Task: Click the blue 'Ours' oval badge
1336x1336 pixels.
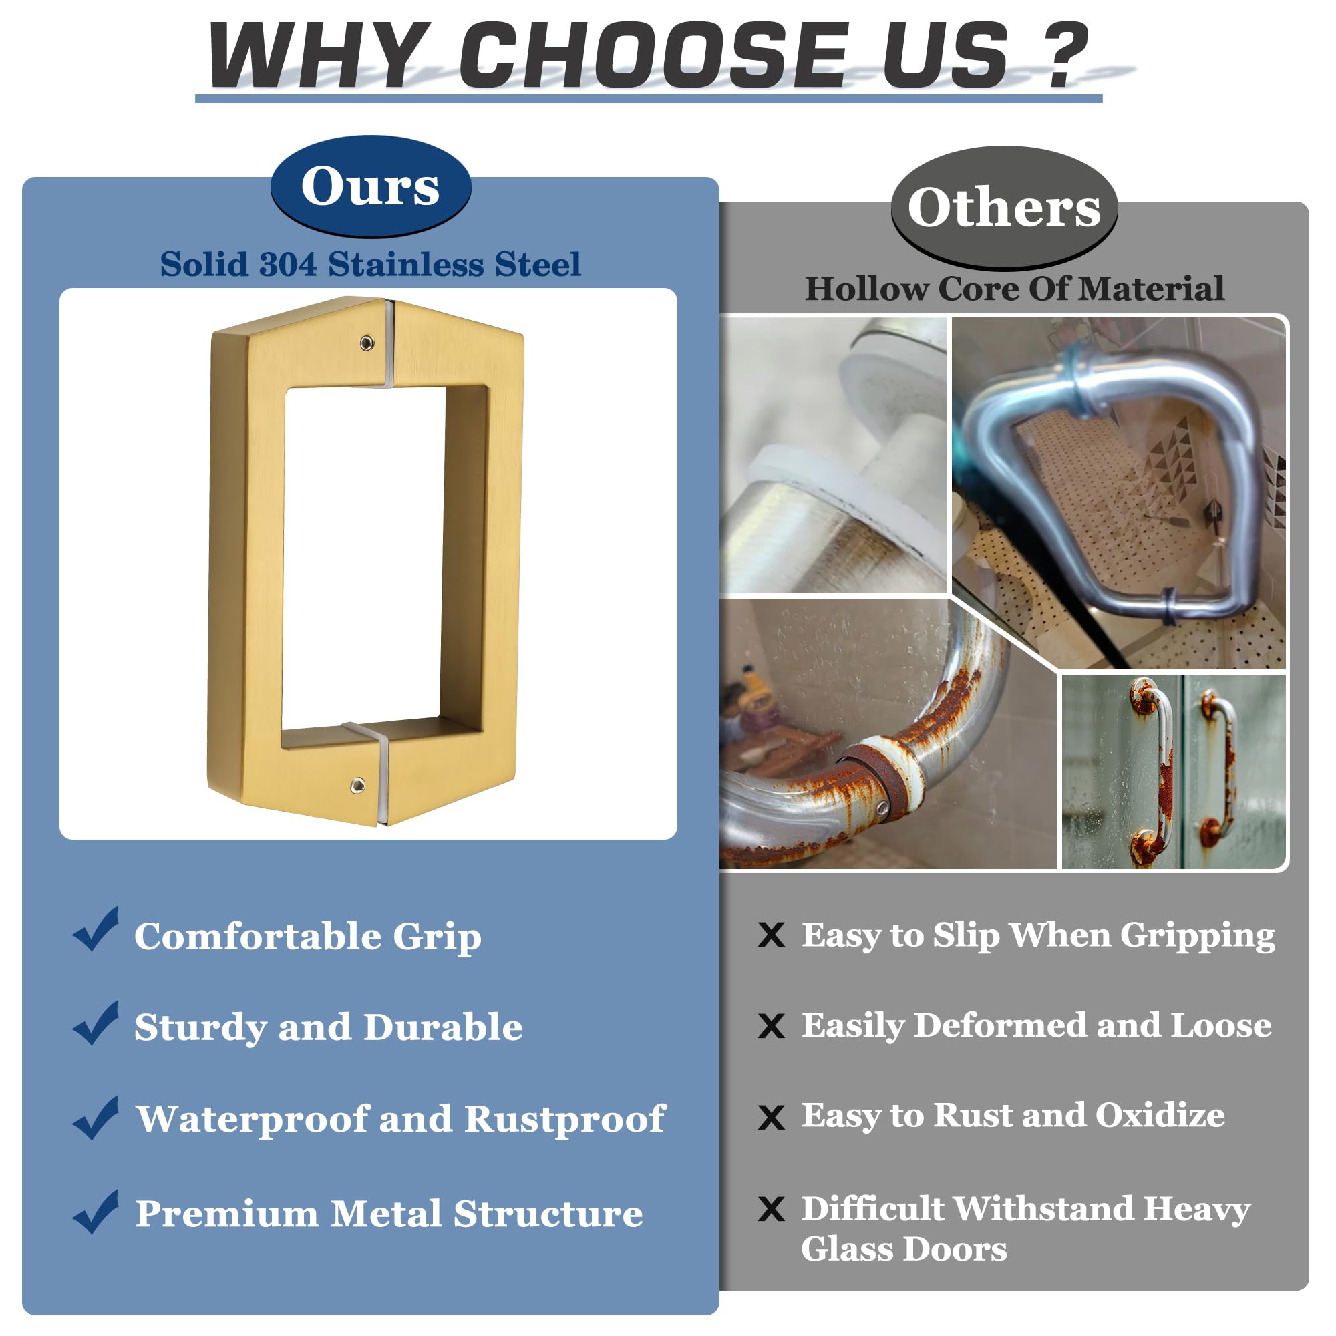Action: click(x=371, y=186)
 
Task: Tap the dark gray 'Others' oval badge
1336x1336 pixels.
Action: click(x=1004, y=207)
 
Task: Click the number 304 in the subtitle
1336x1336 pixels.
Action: click(x=288, y=264)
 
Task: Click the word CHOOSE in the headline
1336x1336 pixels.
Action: click(x=653, y=55)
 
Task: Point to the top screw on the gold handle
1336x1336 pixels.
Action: click(x=367, y=342)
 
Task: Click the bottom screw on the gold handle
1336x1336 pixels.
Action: click(x=357, y=784)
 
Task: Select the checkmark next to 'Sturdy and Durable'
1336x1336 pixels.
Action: click(x=96, y=1023)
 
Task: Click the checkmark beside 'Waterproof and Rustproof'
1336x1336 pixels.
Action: click(x=96, y=1118)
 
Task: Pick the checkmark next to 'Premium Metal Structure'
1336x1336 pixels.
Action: click(x=96, y=1212)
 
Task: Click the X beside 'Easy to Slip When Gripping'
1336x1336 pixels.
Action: click(x=771, y=935)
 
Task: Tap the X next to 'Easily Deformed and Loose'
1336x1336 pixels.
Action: click(x=771, y=1026)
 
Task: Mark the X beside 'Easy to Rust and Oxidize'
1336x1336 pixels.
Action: click(x=771, y=1118)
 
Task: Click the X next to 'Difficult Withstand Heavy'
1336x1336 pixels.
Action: click(x=771, y=1209)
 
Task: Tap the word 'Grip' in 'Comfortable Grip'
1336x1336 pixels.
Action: click(x=437, y=938)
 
